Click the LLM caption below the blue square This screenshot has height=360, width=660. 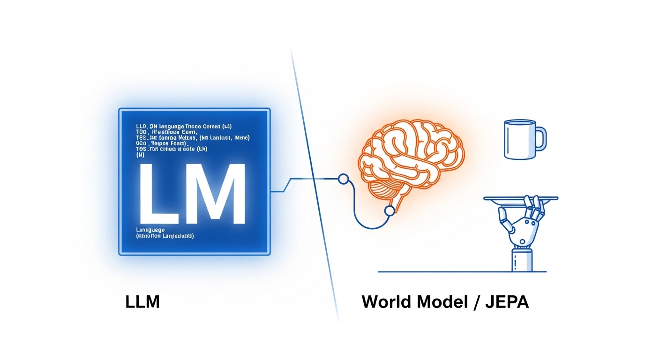pyautogui.click(x=142, y=301)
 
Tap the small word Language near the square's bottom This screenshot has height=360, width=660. pyautogui.click(x=150, y=230)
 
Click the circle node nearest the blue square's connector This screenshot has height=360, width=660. pyautogui.click(x=343, y=179)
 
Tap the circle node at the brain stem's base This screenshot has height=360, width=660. pyautogui.click(x=389, y=211)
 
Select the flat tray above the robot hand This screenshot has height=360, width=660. pyautogui.click(x=520, y=199)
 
